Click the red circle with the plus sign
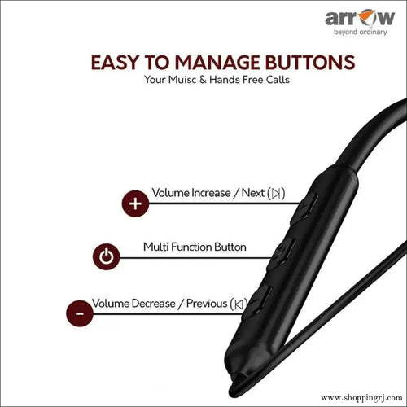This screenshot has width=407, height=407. click(134, 203)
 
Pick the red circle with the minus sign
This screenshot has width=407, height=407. click(79, 313)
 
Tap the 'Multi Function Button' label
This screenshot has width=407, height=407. click(195, 246)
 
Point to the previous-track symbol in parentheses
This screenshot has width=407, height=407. click(239, 304)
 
